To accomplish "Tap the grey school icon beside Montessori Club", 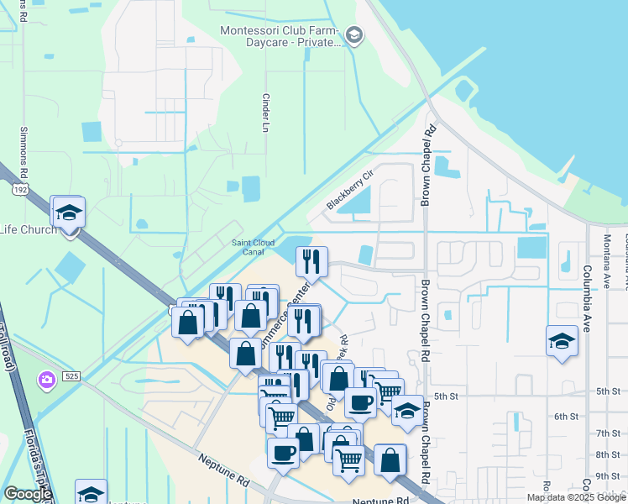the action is [354, 35].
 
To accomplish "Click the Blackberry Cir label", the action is [348, 192].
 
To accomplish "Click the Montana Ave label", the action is [604, 252].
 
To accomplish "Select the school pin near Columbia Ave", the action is [562, 341].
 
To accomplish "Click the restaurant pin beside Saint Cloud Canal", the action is [311, 262].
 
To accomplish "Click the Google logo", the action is [29, 494].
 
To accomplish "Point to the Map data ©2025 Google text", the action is [576, 497].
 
